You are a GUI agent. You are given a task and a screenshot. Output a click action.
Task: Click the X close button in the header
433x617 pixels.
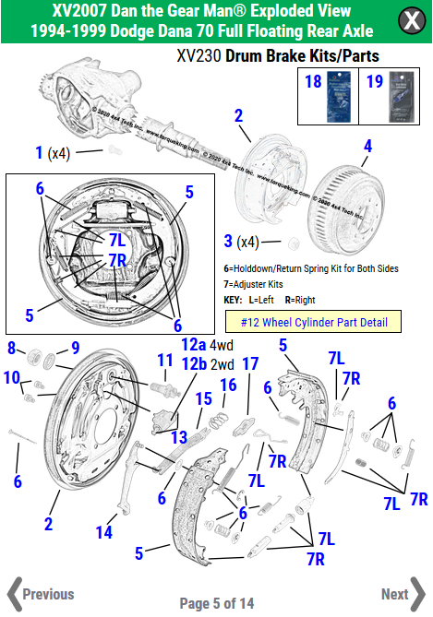[x=409, y=20]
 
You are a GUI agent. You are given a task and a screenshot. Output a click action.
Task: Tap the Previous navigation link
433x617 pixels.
[x=42, y=593]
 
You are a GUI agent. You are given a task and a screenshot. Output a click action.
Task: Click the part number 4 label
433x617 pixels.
[x=367, y=146]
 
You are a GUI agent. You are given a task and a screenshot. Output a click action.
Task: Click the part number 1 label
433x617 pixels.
[x=39, y=152]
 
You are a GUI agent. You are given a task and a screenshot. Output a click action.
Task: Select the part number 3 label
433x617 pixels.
[x=228, y=243]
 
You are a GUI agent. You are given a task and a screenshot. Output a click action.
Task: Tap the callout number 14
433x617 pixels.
[x=104, y=532]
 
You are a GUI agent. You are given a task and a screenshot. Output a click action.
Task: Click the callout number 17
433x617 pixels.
[x=248, y=363]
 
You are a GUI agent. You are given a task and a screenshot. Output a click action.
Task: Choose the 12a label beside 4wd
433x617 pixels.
[x=194, y=344]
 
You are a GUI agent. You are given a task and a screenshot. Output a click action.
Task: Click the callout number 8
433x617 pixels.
[x=12, y=348]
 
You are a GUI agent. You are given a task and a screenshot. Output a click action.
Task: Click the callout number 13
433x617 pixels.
[x=180, y=436]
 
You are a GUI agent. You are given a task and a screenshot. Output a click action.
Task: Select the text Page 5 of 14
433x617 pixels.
[x=216, y=603]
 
